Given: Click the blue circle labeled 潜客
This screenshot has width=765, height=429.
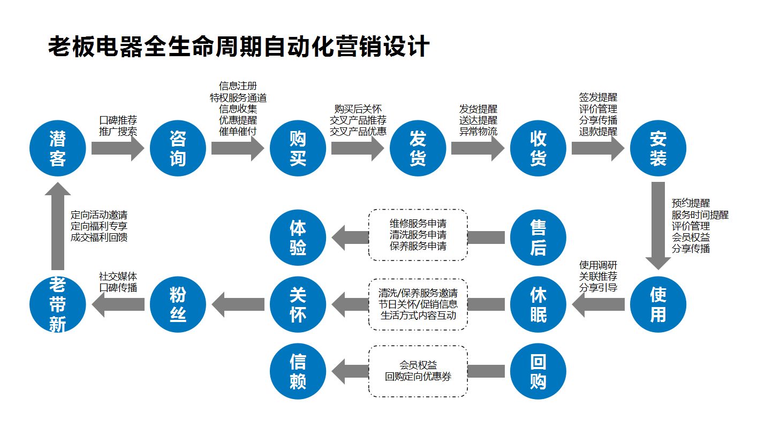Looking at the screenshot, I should (58, 148).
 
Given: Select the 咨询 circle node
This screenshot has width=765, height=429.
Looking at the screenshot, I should (178, 148).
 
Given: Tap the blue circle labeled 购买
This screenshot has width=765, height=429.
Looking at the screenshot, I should (298, 148).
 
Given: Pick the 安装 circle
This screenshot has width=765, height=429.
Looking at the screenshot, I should (658, 148).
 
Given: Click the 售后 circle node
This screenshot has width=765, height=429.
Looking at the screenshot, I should (538, 237).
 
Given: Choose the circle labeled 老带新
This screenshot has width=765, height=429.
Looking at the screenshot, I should (58, 304).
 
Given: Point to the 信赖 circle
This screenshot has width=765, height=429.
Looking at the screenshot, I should (298, 371).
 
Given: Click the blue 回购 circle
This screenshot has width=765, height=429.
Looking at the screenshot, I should (538, 371).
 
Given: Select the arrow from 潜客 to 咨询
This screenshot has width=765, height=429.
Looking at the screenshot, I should (118, 149).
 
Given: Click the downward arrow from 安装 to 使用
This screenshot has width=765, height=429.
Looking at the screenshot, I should (658, 225).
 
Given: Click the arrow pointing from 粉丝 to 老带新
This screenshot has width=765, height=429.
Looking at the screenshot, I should (118, 304).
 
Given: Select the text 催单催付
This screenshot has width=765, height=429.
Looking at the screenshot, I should (238, 131).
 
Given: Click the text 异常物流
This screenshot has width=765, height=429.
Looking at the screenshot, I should (478, 131).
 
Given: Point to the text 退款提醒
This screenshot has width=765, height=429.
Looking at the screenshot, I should (598, 131).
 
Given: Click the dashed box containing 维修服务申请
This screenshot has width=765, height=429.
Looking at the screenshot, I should (418, 235).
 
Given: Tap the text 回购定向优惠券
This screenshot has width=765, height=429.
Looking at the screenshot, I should (418, 377).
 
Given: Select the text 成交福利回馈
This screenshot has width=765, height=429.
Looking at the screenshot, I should (99, 238).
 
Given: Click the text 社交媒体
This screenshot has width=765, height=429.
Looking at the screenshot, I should (118, 277).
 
